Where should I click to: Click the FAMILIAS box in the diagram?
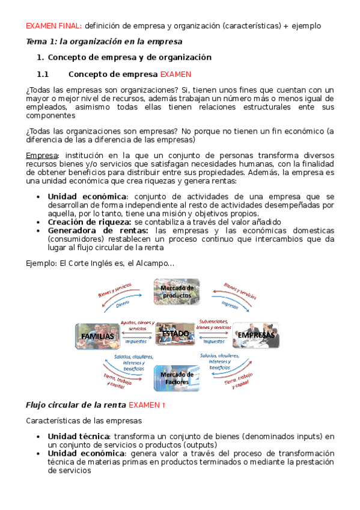97,335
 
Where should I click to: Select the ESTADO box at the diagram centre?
175,333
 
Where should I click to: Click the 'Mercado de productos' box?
177,291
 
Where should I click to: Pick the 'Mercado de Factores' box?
177,378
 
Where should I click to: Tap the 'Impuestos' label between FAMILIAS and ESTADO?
138,341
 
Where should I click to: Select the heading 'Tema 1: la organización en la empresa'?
103,41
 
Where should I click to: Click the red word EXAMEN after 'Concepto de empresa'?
175,75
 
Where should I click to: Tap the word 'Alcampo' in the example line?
144,263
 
